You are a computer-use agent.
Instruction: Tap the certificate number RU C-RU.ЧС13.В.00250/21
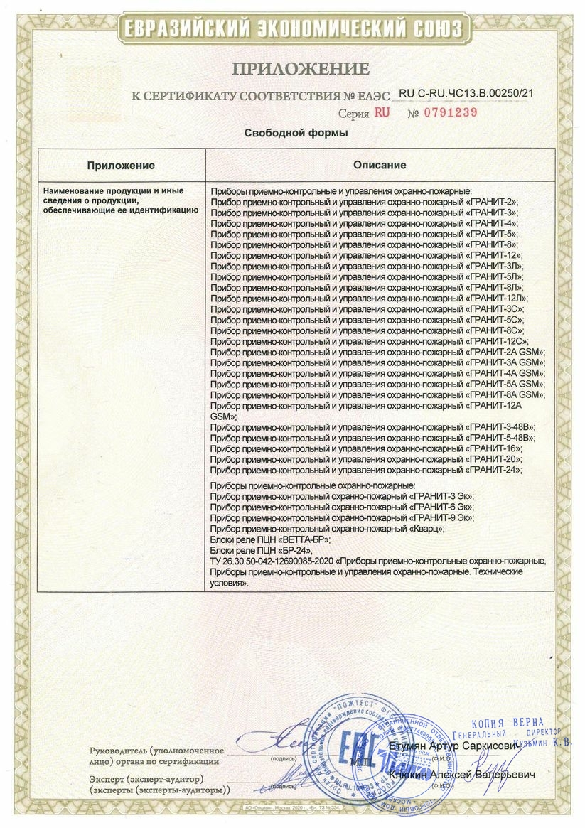point(466,93)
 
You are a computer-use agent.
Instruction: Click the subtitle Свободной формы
point(296,133)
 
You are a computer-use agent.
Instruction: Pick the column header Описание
point(380,165)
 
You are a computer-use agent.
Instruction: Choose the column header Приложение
point(121,165)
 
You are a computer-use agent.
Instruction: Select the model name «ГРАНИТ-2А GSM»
point(506,353)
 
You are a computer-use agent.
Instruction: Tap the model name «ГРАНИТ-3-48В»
point(500,427)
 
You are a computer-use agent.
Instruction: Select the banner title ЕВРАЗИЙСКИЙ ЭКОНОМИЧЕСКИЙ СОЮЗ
point(292,28)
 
